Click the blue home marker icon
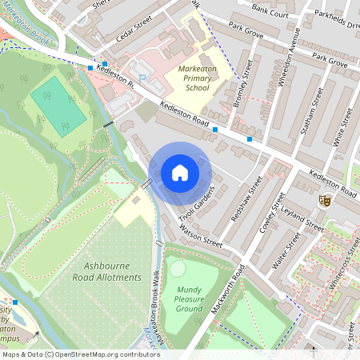click(x=180, y=173)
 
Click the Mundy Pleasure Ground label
click(x=190, y=298)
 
